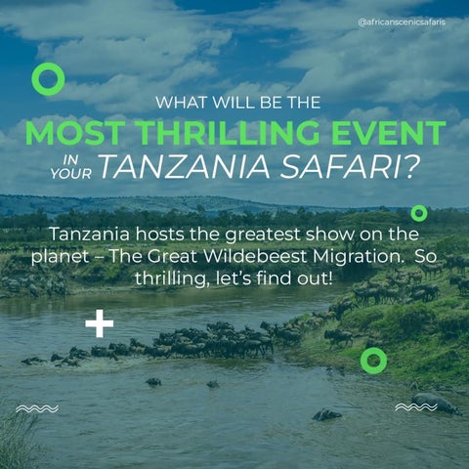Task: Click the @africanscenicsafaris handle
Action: (x=402, y=22)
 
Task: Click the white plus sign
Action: (x=100, y=323)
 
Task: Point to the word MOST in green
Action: (x=78, y=133)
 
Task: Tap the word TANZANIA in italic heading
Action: (x=185, y=166)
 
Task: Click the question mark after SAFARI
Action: (x=410, y=166)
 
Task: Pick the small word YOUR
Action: (x=71, y=174)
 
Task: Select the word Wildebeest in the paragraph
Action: (x=255, y=256)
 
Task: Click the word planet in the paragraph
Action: (x=61, y=257)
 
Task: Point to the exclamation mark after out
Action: (x=330, y=277)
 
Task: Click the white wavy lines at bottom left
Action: (x=37, y=408)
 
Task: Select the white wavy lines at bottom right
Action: (x=416, y=406)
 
